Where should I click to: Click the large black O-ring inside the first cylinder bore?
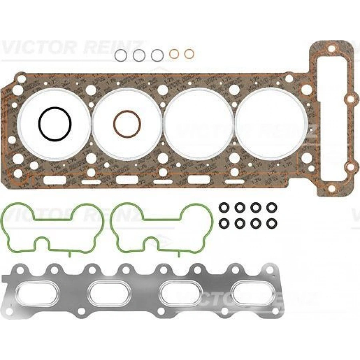point(40,124)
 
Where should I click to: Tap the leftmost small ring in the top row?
point(120,55)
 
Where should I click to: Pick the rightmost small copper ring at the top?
point(189,54)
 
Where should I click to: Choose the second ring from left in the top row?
point(138,55)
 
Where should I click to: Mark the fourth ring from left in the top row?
point(174,54)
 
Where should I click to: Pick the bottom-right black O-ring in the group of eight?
point(272,223)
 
